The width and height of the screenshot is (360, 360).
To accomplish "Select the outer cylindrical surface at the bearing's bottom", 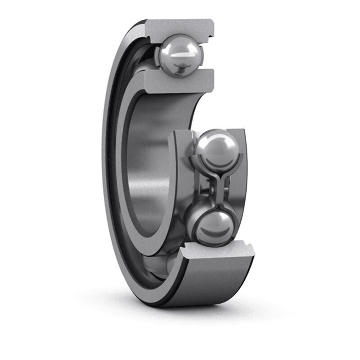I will tap(211, 283).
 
